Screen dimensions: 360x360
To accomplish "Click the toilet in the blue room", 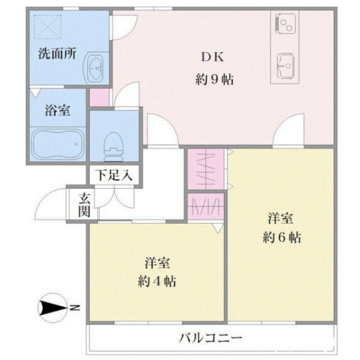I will click(113, 143).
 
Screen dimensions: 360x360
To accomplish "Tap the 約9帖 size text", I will click(214, 79).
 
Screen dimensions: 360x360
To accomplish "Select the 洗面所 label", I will click(57, 53).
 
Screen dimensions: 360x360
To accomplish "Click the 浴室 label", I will click(58, 110).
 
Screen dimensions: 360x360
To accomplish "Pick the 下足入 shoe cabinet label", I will click(115, 176).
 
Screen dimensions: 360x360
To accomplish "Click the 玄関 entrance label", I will click(84, 205).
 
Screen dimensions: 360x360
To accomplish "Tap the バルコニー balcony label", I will click(211, 337).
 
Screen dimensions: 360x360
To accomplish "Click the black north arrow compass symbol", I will click(52, 309).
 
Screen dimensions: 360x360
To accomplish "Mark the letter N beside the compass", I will click(76, 309).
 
